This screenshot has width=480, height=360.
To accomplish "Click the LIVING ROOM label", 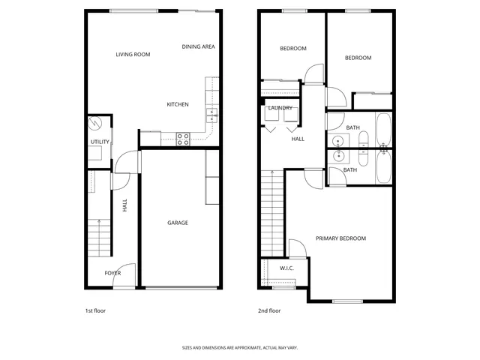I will pyautogui.click(x=133, y=55).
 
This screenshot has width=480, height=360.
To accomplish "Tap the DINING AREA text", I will pyautogui.click(x=199, y=46).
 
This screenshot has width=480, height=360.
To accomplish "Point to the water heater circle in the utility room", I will pyautogui.click(x=94, y=123).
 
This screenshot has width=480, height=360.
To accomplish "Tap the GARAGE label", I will pyautogui.click(x=177, y=223).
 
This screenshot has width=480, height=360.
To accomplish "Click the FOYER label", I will pyautogui.click(x=112, y=273).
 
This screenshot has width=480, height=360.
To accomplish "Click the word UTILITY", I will pyautogui.click(x=100, y=142).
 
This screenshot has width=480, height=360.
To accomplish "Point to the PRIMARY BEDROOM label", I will pyautogui.click(x=340, y=238).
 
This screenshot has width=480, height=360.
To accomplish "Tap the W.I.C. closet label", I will pyautogui.click(x=286, y=268).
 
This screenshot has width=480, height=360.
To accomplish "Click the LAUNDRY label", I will pyautogui.click(x=280, y=108).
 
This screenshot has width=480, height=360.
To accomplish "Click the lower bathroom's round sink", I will pyautogui.click(x=339, y=156).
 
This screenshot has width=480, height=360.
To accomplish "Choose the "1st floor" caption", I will pyautogui.click(x=95, y=310).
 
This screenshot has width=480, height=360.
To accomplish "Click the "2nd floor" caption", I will pyautogui.click(x=269, y=310).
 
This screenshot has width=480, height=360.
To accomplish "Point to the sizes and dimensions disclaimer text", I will pyautogui.click(x=239, y=348).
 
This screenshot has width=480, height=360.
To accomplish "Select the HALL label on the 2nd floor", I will pyautogui.click(x=298, y=139).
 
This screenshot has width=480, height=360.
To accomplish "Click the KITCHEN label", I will pyautogui.click(x=178, y=104).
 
